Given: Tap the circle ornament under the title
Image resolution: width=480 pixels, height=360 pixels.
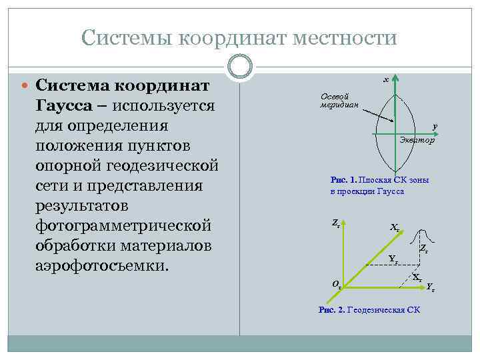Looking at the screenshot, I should (x=239, y=65).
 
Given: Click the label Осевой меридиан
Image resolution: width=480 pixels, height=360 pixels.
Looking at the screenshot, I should (x=339, y=100).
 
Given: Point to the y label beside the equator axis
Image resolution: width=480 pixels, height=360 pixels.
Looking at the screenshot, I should (x=434, y=126).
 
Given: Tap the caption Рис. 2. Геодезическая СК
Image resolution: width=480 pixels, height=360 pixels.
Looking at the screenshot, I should (x=369, y=310).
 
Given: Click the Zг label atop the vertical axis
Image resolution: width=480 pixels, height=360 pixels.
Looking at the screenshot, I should (x=336, y=225).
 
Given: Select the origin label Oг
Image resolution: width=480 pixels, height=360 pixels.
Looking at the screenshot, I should (x=337, y=285).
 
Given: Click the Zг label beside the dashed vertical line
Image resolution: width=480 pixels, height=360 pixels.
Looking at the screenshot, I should (x=423, y=249).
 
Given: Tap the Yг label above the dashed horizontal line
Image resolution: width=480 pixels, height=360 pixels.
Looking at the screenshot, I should (x=393, y=259).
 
